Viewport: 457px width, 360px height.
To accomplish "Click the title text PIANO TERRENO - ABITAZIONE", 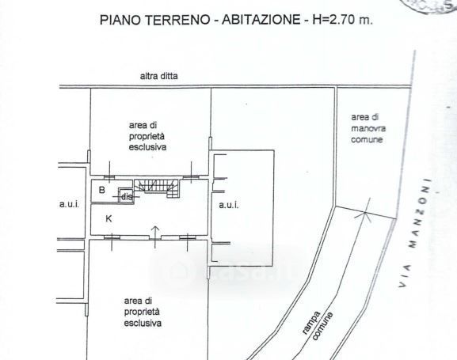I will coord(198,20).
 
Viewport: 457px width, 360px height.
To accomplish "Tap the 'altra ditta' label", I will coord(159,77).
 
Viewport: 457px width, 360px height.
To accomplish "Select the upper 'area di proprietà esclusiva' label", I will coord(150,136).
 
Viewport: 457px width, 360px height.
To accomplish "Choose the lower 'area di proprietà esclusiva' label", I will coord(143,312).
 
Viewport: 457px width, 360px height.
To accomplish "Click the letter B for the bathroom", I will coord(101,191).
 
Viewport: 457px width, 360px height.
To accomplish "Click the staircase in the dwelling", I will coord(156,187).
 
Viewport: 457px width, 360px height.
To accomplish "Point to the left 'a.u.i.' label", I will coord(69,204).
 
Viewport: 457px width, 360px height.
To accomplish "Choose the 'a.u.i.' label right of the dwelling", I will coord(230,205).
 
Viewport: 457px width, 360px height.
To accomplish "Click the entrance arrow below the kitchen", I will coord(155,231).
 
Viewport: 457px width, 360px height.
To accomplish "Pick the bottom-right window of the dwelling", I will coord(188,237).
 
